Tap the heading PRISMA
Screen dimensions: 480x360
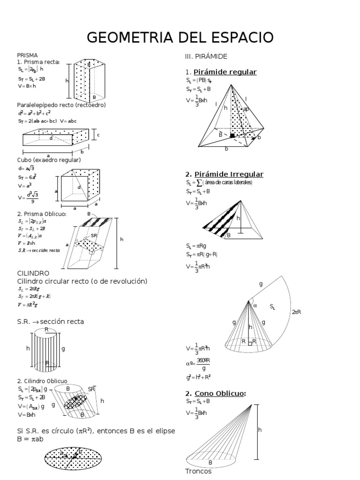(27, 55)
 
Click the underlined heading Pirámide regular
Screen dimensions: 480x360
(225, 72)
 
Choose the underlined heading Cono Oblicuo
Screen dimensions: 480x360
(220, 393)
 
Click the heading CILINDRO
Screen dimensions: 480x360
(33, 272)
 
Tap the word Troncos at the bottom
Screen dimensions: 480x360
(198, 471)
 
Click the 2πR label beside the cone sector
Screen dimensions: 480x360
(296, 312)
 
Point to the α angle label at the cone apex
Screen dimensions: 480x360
(255, 305)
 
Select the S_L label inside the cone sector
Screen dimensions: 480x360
(273, 307)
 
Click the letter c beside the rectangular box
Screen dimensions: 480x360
(98, 135)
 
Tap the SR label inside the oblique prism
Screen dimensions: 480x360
(94, 235)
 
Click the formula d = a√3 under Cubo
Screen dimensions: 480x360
(27, 168)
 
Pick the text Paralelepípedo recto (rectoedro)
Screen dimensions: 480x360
(61, 105)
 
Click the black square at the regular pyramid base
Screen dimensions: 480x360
(232, 135)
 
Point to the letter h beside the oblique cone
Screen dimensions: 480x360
(259, 429)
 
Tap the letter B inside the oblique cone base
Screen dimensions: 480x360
(210, 462)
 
